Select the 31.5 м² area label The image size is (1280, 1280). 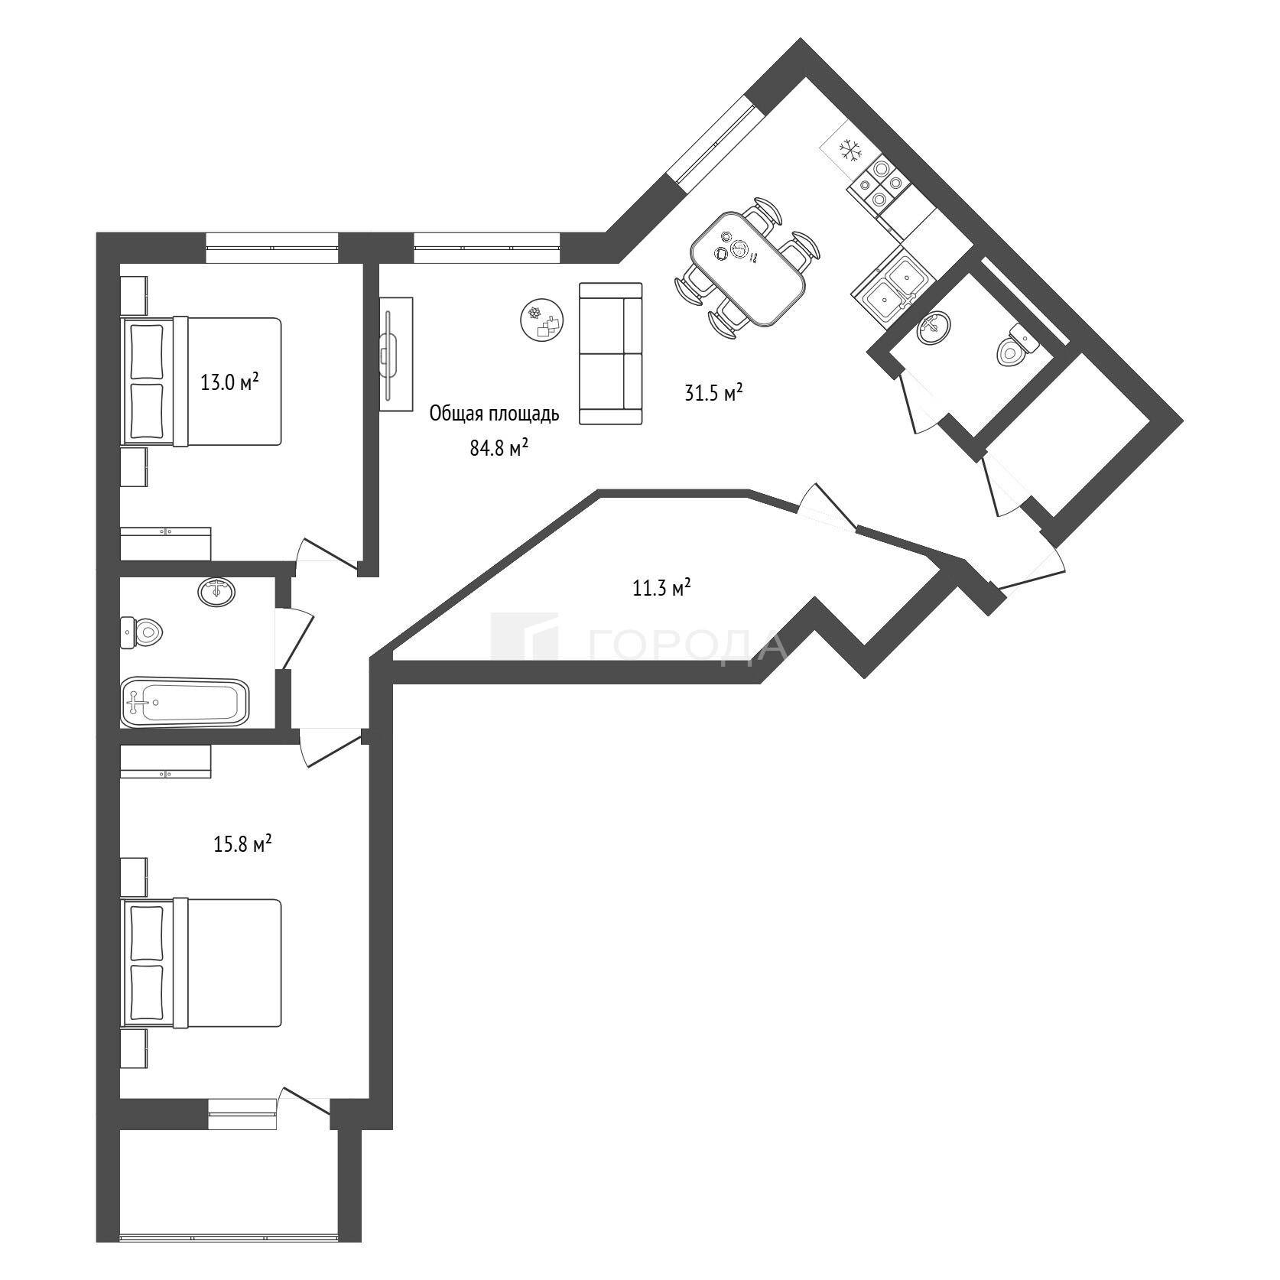coord(713,394)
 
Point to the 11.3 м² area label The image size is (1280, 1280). coord(661,588)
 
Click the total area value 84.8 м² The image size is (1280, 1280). coord(499,448)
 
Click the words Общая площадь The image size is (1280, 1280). coord(494,414)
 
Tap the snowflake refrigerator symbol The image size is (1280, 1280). coord(850,151)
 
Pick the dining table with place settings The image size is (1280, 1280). coord(747,267)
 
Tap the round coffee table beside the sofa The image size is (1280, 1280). coord(543,320)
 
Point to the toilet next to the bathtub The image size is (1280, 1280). coord(142,632)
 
